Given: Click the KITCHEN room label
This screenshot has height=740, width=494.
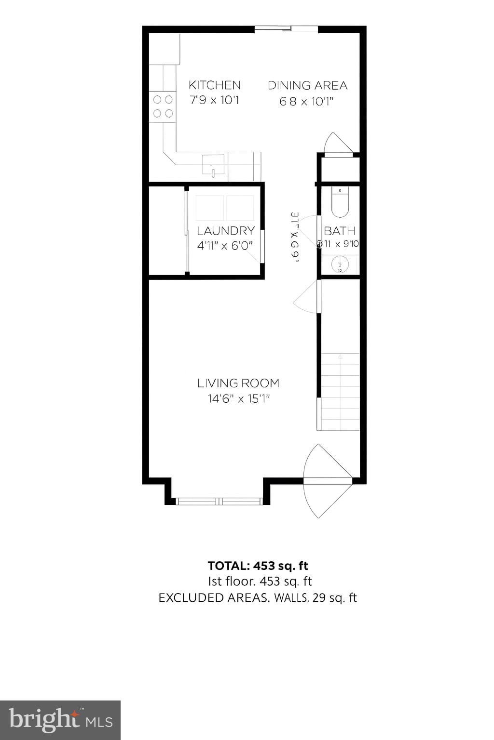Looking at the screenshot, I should pos(214,85).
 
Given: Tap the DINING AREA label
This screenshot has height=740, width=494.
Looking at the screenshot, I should pos(307,86).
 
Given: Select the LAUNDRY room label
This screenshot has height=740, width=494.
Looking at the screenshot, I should pos(225,231).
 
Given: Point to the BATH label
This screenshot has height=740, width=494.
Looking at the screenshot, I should pos(339,231).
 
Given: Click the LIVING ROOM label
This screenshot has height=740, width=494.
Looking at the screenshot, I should pos(238,383).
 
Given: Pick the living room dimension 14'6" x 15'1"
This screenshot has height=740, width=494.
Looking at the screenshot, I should pos(238,399).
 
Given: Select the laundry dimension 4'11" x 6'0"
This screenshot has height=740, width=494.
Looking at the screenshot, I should pos(225,246).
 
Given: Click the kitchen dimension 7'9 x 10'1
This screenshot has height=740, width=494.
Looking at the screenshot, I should pos(214,101).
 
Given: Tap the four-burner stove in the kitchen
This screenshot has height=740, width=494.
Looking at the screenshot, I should pos(163,106).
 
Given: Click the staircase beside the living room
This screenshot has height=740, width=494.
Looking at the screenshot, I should pos(340,391).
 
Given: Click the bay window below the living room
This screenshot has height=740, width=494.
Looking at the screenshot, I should pos(219,502).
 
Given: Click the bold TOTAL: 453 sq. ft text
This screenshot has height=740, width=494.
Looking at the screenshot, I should pos(258,566).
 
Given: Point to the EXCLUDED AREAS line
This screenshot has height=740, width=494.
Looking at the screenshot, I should pos(258,598).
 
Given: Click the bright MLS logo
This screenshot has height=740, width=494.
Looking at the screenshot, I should pos(60,720).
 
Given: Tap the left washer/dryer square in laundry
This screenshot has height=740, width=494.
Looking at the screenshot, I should pos(209,208).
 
